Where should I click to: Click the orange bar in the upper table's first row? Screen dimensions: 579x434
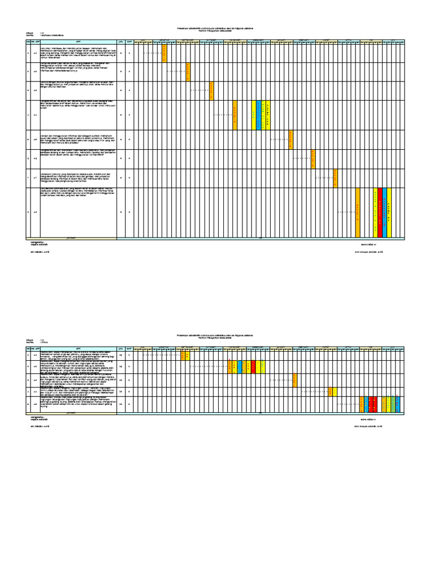tap(165, 53)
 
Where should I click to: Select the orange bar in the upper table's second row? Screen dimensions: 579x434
tap(188, 72)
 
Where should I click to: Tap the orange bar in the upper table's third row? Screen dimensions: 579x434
tap(211, 90)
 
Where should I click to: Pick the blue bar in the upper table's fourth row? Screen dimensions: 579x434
tap(259, 115)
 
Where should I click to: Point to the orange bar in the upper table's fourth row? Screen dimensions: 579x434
tap(235, 115)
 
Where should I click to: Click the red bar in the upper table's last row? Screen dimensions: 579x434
tap(380, 213)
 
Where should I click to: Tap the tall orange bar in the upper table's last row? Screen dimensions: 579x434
tap(358, 213)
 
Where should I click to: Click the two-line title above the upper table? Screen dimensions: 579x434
tap(217, 29)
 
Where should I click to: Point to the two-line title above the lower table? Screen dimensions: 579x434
tap(217, 336)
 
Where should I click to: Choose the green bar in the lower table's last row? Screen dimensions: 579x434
tap(392, 404)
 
